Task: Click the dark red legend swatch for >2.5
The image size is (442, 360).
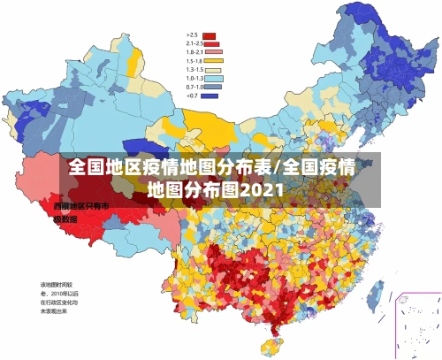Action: pos(210,35)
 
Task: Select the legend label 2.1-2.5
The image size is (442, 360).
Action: pos(194,44)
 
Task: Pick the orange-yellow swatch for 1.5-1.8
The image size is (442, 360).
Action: pos(212,61)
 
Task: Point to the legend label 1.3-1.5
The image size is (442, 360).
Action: pos(194,69)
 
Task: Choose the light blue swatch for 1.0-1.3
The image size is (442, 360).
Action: pos(212,78)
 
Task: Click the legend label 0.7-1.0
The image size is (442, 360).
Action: pos(194,87)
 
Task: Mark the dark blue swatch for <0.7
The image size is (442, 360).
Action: pos(210,95)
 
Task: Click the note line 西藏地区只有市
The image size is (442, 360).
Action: pos(81,206)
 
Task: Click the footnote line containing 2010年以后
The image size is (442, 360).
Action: pos(58,294)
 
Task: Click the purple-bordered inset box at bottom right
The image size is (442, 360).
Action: pos(417,324)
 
